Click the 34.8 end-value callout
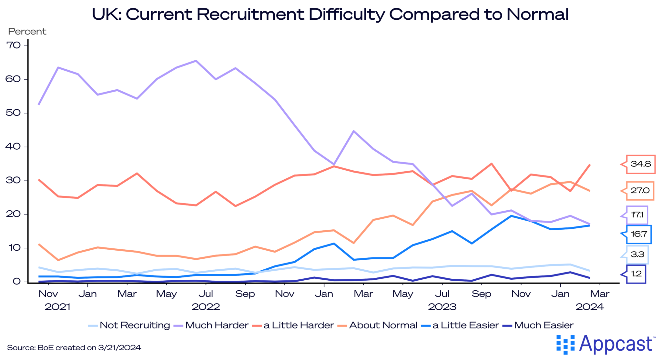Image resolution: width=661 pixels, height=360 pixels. (640, 164)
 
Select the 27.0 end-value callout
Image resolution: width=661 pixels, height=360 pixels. (640, 191)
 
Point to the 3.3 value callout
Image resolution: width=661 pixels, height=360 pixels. (637, 255)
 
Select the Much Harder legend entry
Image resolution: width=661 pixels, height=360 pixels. (217, 325)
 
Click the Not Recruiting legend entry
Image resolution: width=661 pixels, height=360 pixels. (135, 325)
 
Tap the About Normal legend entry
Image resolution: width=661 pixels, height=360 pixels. (383, 325)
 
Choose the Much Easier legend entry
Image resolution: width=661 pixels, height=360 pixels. (544, 325)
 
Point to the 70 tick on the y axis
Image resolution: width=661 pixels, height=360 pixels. (13, 45)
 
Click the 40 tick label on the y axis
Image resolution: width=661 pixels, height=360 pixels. (13, 147)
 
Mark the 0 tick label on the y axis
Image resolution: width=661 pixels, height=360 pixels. (16, 282)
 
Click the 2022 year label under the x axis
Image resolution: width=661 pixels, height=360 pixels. (206, 307)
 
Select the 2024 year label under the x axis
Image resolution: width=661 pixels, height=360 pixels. (589, 307)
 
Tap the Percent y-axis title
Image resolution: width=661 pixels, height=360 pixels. (27, 32)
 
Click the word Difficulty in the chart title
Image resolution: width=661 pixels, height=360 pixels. (347, 14)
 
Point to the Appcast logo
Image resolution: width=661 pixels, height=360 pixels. (605, 344)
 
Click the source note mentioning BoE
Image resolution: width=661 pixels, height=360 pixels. (74, 348)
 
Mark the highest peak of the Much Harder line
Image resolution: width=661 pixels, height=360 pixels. (196, 61)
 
